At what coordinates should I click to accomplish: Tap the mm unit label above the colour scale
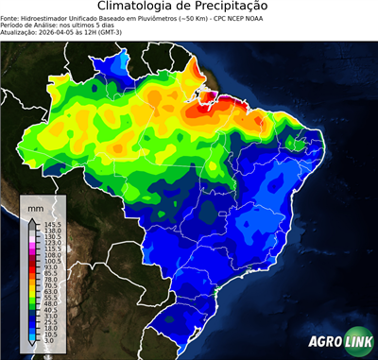tap(37, 206)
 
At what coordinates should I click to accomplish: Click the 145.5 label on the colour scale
tap(48, 222)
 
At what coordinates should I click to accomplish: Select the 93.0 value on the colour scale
tap(47, 268)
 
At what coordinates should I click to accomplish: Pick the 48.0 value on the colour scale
tap(47, 302)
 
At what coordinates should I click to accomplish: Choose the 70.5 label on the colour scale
tap(47, 285)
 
